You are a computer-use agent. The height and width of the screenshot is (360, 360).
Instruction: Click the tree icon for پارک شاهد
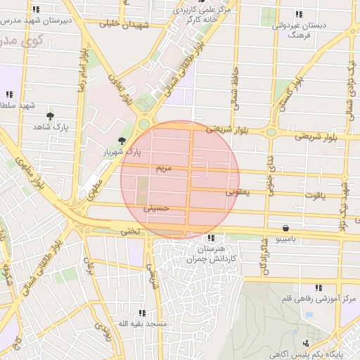(50, 115)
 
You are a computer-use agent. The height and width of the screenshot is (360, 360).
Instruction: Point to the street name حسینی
(156, 209)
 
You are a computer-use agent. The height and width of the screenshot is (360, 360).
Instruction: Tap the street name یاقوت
(314, 195)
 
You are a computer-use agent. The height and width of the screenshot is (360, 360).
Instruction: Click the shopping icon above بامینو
(285, 228)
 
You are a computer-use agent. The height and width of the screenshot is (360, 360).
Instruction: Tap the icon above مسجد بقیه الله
(142, 313)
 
